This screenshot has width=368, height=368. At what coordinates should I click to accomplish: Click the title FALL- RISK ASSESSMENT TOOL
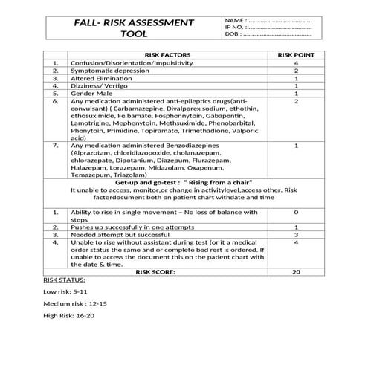(x=134, y=28)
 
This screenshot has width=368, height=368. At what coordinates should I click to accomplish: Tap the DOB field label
(x=233, y=35)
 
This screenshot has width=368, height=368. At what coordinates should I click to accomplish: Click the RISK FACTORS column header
(x=167, y=55)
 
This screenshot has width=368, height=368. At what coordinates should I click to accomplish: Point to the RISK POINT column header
(x=296, y=55)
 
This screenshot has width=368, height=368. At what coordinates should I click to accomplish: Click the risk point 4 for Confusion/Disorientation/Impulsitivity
(x=296, y=63)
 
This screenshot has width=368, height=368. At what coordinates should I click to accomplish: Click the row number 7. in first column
(x=56, y=146)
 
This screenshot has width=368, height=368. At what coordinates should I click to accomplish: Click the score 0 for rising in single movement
(x=296, y=213)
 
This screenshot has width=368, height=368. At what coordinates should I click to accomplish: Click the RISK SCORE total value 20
(x=296, y=273)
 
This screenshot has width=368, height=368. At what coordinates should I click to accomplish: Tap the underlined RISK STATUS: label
(x=65, y=280)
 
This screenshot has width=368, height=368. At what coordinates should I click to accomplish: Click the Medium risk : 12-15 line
(x=75, y=304)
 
